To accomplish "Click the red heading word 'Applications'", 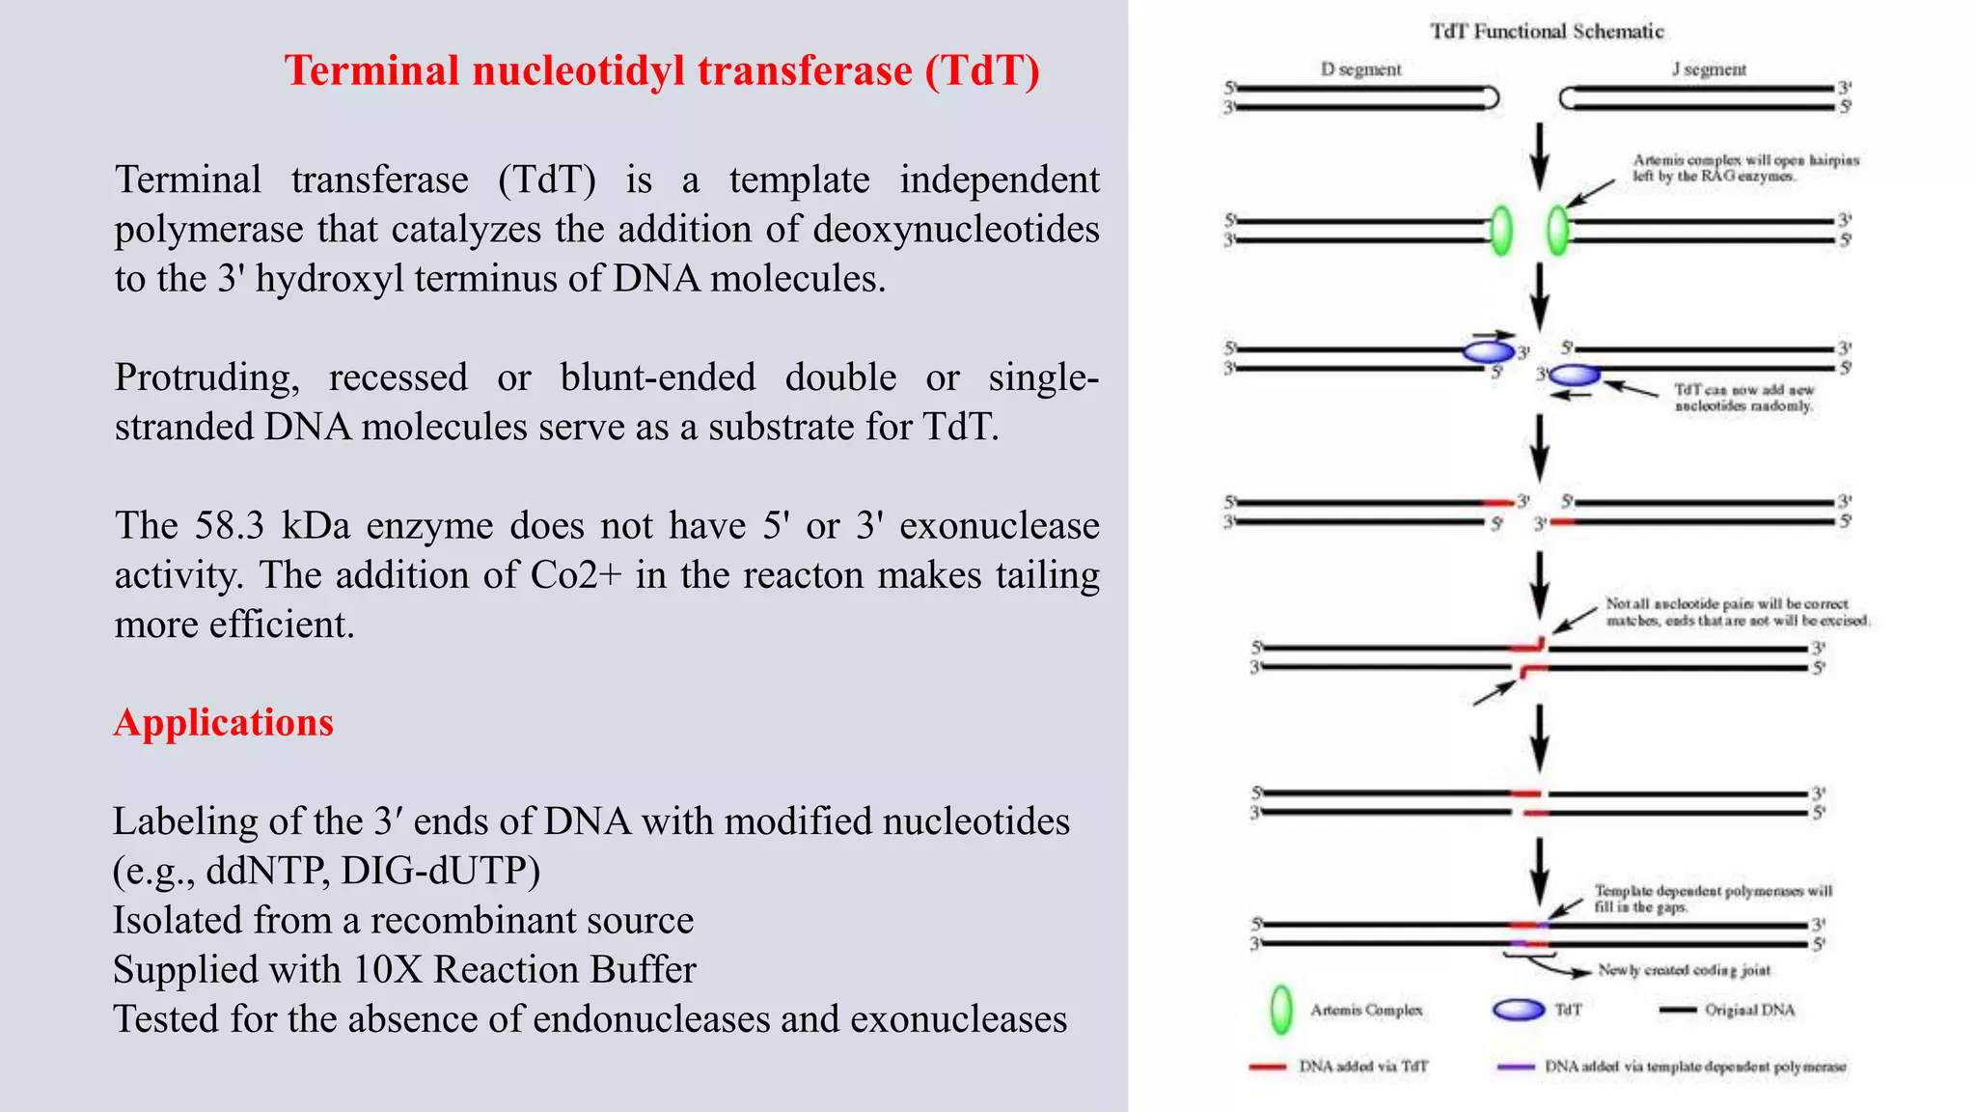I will (224, 723).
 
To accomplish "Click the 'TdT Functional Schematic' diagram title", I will (1547, 32).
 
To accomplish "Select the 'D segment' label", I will (1360, 69).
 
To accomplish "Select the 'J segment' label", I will (1709, 69).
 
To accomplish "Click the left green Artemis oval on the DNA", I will (1501, 231).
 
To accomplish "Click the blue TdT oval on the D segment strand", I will (1488, 351).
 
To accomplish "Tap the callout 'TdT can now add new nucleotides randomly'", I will (1743, 398).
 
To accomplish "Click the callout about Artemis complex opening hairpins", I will (1744, 168).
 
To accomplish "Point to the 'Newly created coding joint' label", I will (1684, 970).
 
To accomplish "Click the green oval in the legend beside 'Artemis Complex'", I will (1281, 1010).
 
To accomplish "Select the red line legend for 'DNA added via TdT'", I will (1268, 1067).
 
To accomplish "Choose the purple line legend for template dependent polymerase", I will (1515, 1067).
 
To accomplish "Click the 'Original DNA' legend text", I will (1749, 1011).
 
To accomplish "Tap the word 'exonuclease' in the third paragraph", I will (1000, 525).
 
